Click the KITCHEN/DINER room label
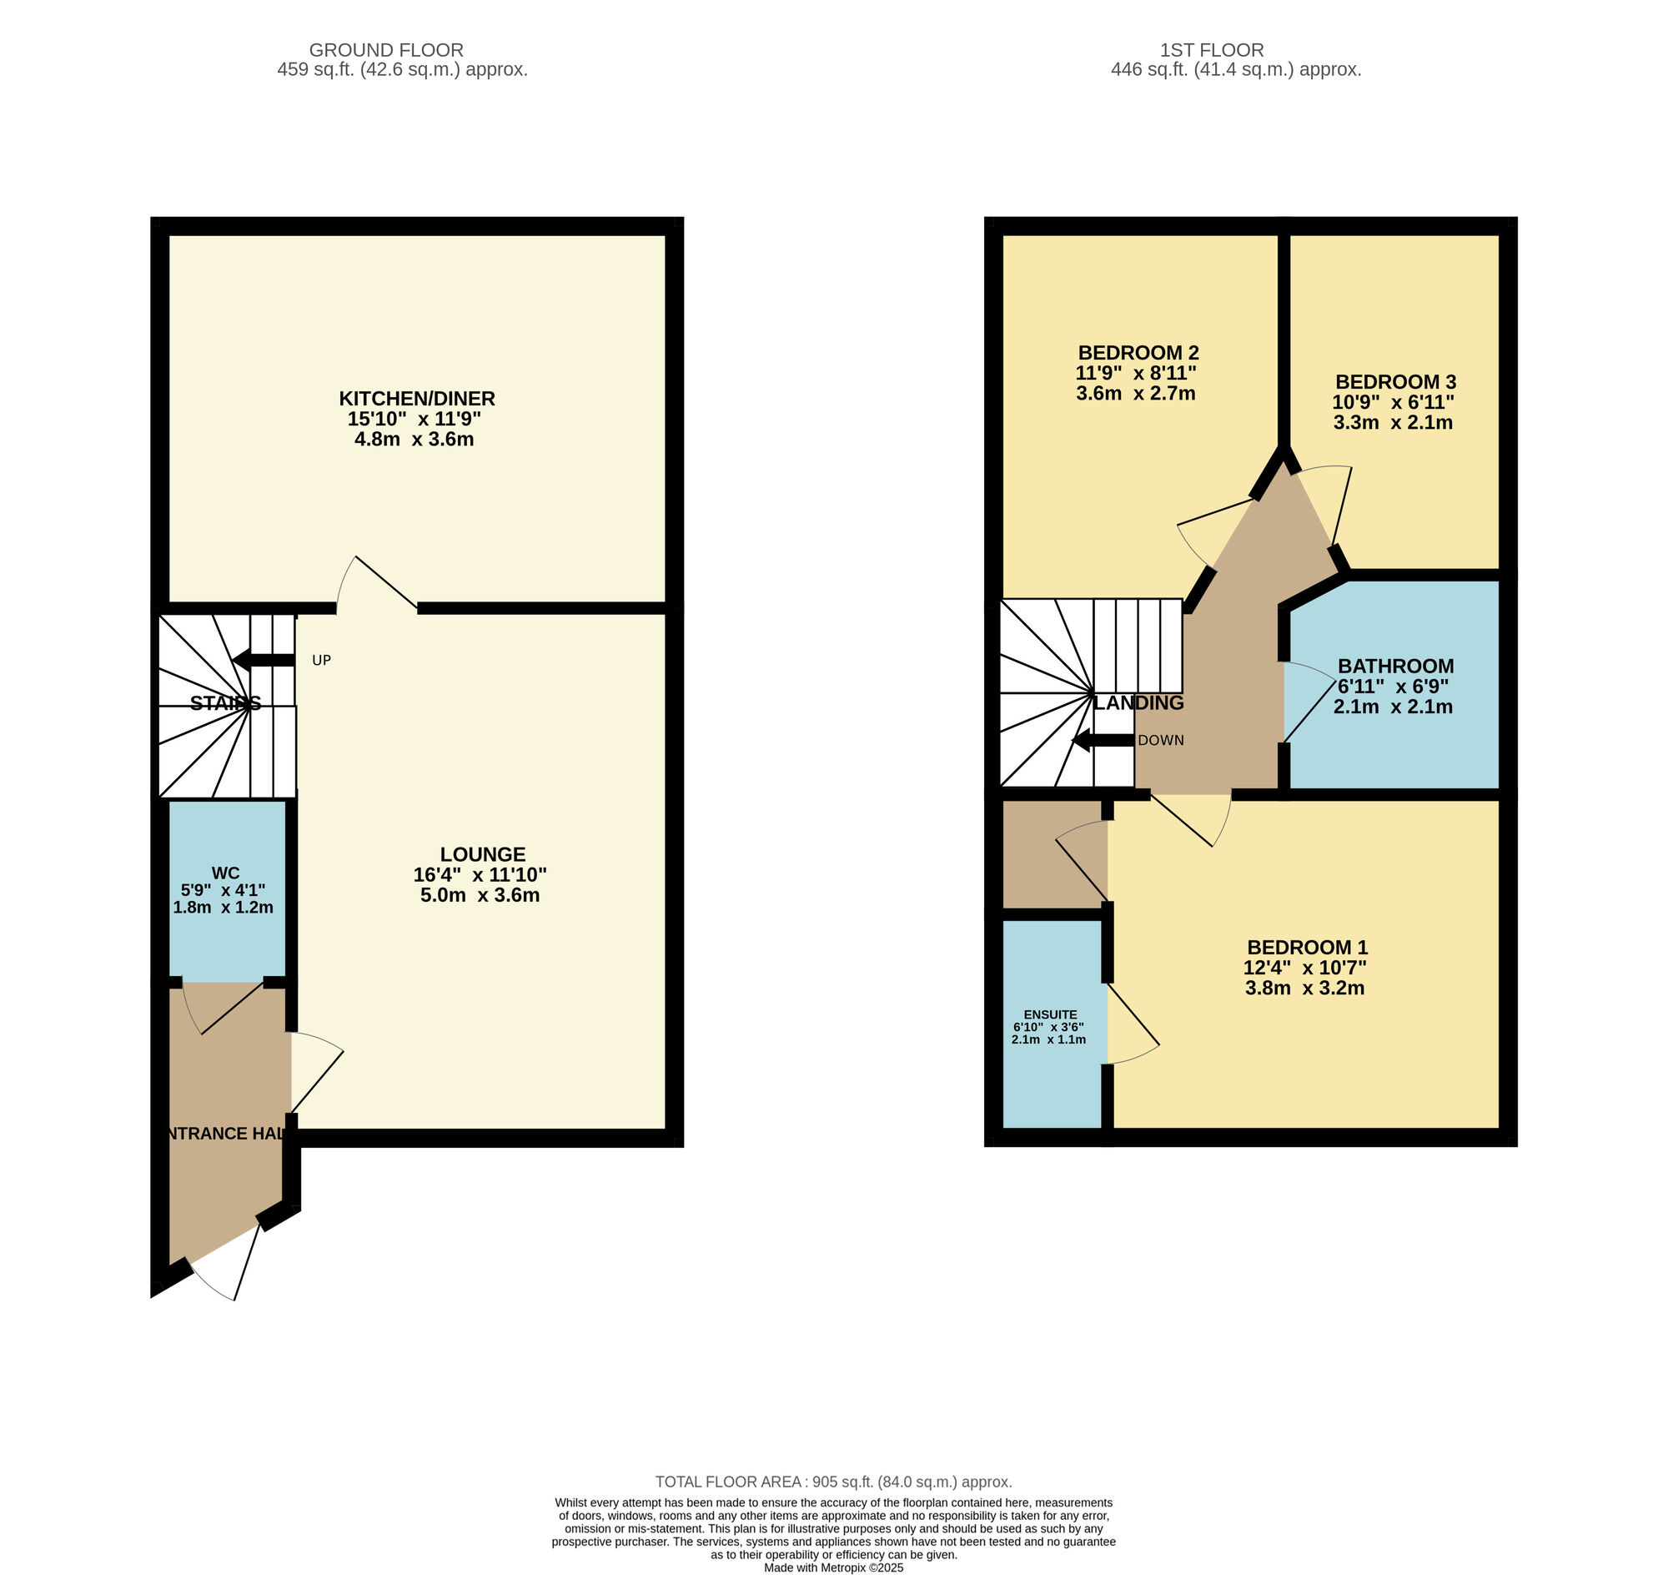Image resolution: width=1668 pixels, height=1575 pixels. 416,398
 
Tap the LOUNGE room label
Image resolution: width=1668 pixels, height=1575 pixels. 483,854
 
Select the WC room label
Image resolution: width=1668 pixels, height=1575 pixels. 226,873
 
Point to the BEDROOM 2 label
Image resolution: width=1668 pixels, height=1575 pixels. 1138,353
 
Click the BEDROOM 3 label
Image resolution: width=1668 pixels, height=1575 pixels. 1395,382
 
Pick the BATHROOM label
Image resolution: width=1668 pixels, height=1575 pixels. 1395,666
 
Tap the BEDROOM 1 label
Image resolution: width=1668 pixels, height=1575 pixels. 1307,947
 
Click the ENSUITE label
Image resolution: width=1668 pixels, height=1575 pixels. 1050,1014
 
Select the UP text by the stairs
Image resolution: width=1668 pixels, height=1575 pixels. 322,661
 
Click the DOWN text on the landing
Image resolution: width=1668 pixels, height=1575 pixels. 1161,741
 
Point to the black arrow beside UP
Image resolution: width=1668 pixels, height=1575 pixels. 263,660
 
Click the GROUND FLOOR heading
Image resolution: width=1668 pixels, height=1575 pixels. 386,50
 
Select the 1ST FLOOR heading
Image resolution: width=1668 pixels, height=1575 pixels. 1212,50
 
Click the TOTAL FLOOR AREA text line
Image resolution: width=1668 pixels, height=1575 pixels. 833,1482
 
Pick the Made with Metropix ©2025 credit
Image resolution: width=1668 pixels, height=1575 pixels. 833,1567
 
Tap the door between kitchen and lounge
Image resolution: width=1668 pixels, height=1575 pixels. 377,582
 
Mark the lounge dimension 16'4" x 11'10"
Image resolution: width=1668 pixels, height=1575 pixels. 480,875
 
